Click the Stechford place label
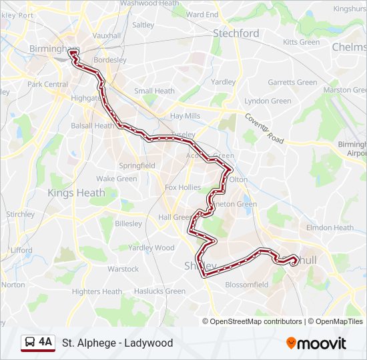coord(236,33)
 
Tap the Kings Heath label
coord(76,193)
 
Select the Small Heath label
coord(154,91)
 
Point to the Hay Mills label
coord(185,116)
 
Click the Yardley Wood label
coord(151,248)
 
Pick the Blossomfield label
coord(247,285)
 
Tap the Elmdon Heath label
coord(330,227)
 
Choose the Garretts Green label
coord(292,83)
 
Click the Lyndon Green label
coord(268,101)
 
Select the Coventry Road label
coord(264,128)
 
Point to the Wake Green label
coord(116,179)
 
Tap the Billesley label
coord(128,224)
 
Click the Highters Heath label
coord(97,291)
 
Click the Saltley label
coord(143,25)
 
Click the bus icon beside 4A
coord(30,343)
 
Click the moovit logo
coord(316,343)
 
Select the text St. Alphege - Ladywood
coord(117,343)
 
